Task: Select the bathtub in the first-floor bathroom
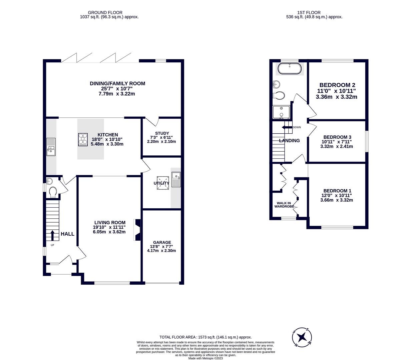[x=290, y=69]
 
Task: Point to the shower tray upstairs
[x=281, y=112]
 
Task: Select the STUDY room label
[x=162, y=133]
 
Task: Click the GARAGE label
[x=162, y=242]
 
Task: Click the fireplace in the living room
[x=137, y=230]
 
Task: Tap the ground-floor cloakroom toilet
[x=53, y=192]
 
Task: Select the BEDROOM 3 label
[x=337, y=137]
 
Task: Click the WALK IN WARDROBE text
[x=284, y=205]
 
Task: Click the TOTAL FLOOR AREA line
[x=205, y=337]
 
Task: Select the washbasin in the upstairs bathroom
[x=277, y=84]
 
